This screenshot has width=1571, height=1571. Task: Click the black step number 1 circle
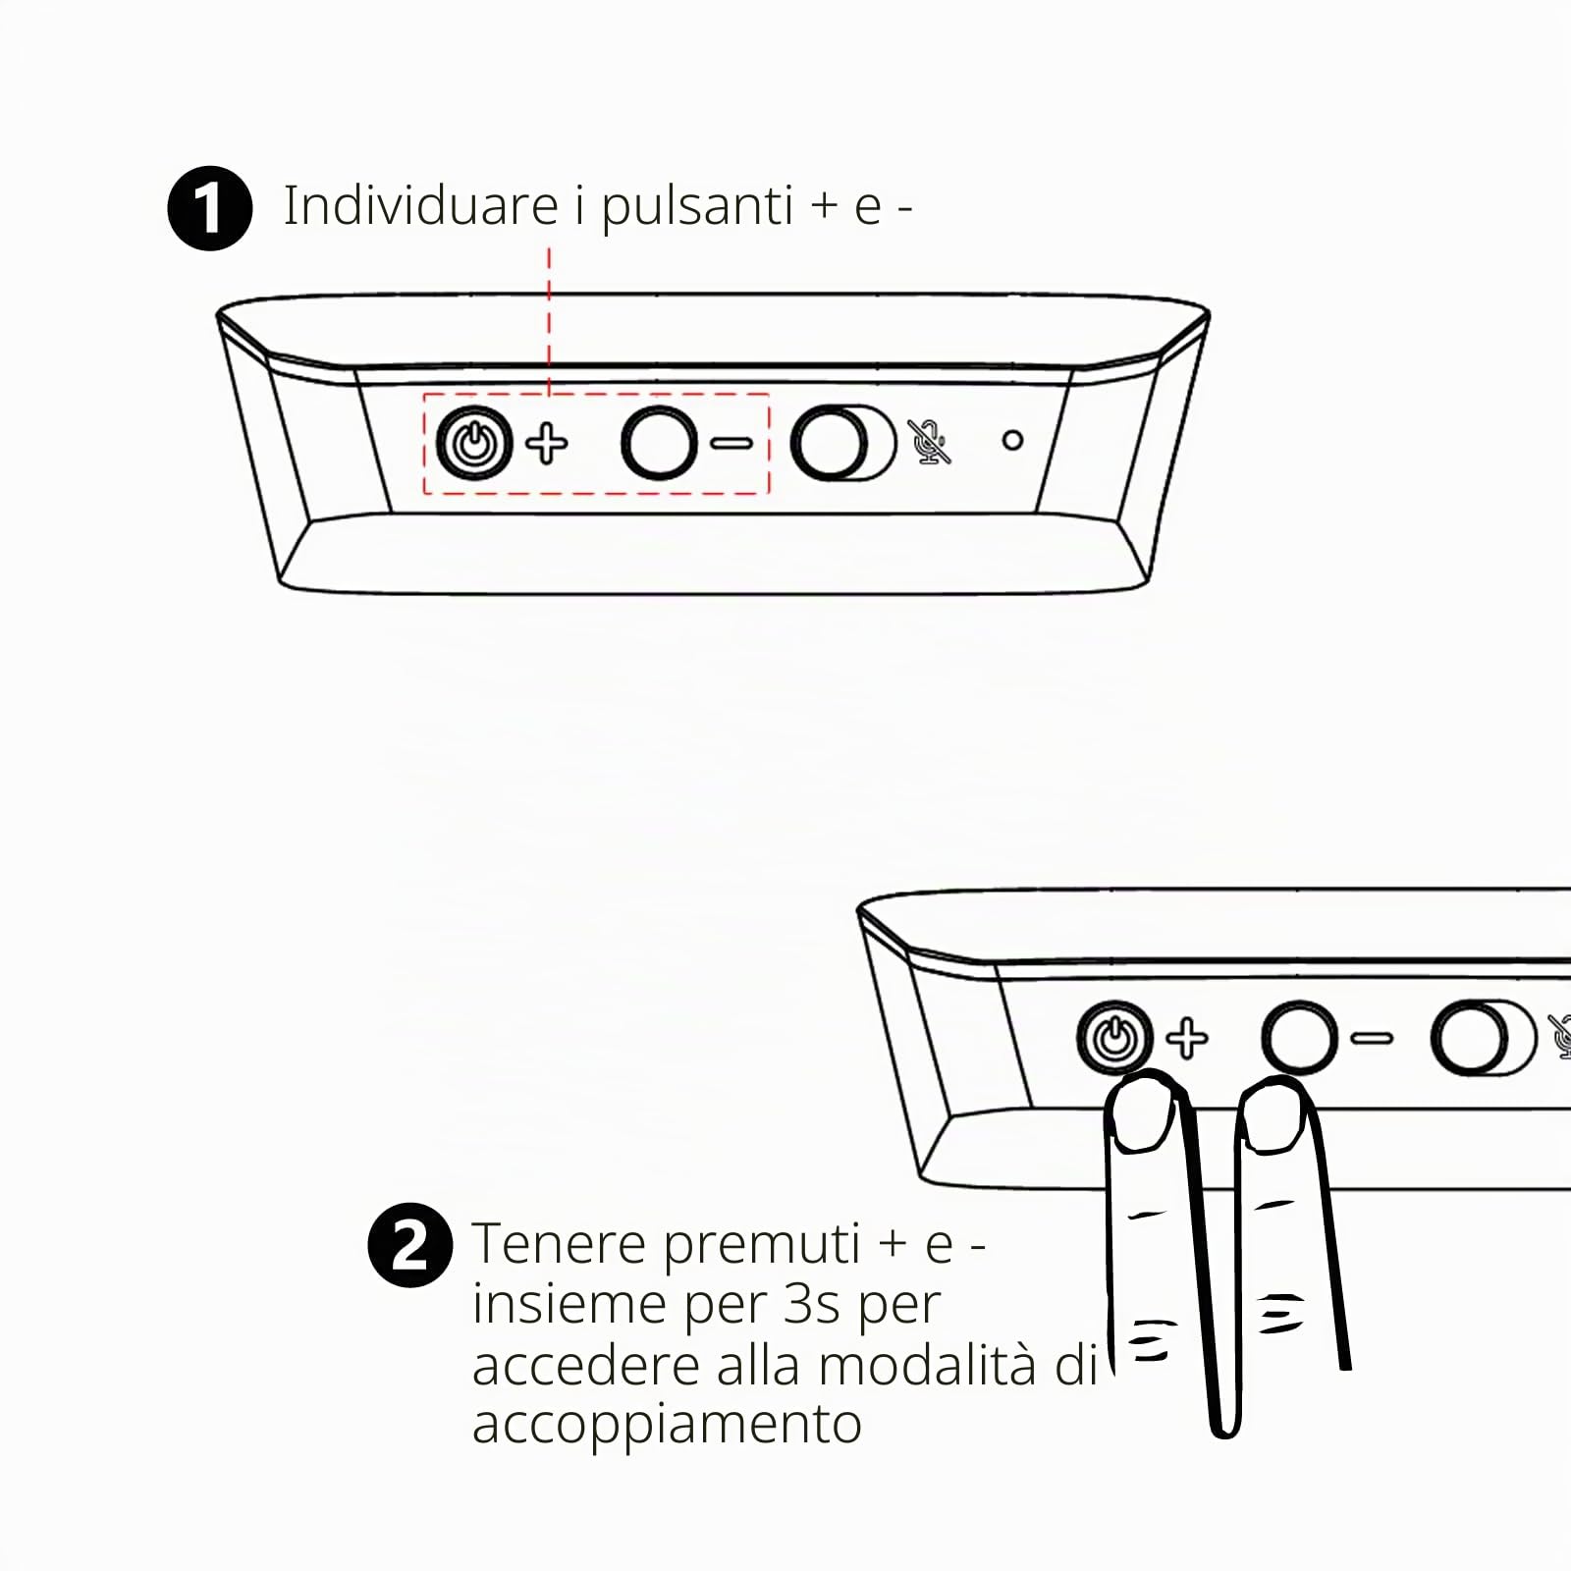point(209,208)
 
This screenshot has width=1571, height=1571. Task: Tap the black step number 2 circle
point(410,1245)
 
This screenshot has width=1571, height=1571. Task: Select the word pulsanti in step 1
point(697,208)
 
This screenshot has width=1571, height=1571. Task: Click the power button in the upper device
point(474,444)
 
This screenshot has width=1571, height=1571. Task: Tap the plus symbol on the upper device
point(547,444)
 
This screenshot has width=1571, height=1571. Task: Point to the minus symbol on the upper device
point(731,444)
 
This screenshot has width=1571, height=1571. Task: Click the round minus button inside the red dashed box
point(660,443)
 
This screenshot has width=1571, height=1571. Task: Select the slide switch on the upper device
point(843,443)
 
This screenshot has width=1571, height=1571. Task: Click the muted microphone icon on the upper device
point(929,442)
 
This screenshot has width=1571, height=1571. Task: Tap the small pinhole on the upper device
point(1012,441)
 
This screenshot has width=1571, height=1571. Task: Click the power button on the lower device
point(1114,1038)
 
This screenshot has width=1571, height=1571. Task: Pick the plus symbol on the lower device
point(1187,1039)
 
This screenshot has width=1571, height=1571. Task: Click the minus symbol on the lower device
point(1372,1038)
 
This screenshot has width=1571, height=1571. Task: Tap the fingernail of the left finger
point(1145,1113)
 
